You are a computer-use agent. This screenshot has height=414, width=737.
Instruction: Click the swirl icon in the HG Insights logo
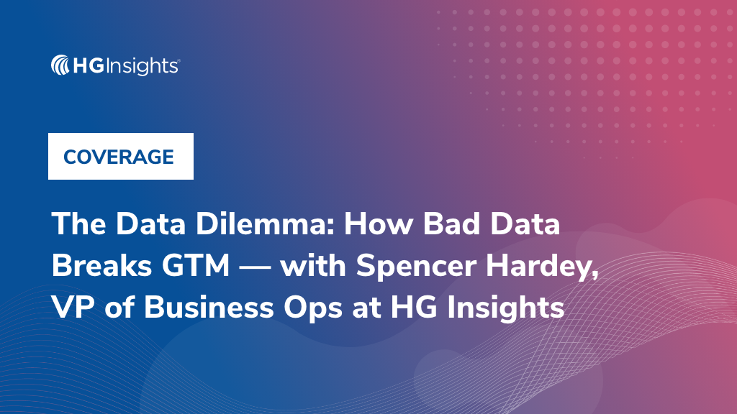[60, 66]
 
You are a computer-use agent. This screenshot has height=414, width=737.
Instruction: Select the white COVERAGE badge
[120, 157]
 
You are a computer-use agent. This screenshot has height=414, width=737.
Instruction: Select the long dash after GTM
[256, 267]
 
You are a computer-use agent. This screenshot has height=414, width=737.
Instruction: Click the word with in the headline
[314, 267]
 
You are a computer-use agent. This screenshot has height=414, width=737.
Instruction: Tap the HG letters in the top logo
[89, 67]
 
